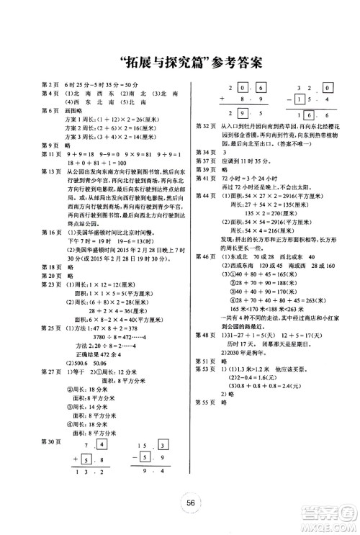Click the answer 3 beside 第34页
click(226, 152)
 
